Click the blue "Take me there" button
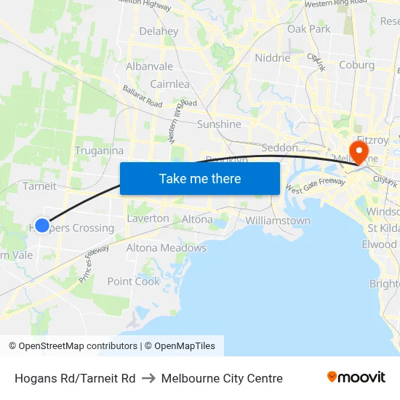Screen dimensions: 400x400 pyautogui.click(x=200, y=178)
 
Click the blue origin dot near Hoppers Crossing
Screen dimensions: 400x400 pyautogui.click(x=42, y=225)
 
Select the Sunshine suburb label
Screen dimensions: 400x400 pyautogui.click(x=219, y=124)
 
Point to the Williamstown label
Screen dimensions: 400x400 pyautogui.click(x=278, y=220)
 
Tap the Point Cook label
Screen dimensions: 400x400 pyautogui.click(x=133, y=281)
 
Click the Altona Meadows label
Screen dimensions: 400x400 pyautogui.click(x=167, y=248)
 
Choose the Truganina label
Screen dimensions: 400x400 pyautogui.click(x=99, y=151)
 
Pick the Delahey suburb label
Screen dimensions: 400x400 pyautogui.click(x=159, y=31)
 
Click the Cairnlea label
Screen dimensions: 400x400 pyautogui.click(x=169, y=84)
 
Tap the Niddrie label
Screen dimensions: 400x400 pyautogui.click(x=273, y=58)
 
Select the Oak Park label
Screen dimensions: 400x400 pyautogui.click(x=309, y=29)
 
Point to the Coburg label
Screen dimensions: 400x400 pyautogui.click(x=357, y=65)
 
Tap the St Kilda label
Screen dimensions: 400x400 pyautogui.click(x=383, y=228)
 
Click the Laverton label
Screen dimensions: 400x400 pyautogui.click(x=148, y=218)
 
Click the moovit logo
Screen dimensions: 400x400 pyautogui.click(x=356, y=377)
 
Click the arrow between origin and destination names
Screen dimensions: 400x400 pyautogui.click(x=148, y=378)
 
